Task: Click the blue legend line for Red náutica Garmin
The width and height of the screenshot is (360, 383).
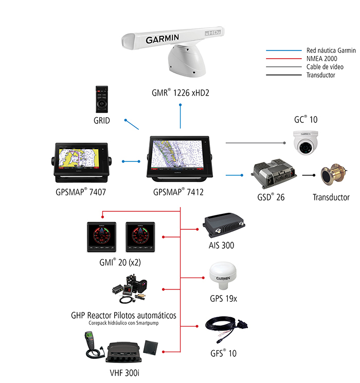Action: (x=283, y=51)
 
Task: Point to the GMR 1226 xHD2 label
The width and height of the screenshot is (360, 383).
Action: (x=181, y=94)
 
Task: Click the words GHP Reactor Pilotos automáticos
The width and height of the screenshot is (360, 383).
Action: (x=124, y=315)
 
